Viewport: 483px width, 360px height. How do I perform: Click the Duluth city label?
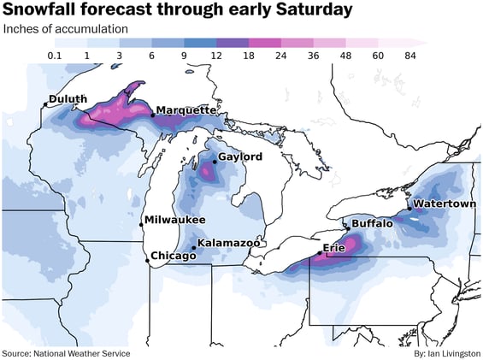click(68, 99)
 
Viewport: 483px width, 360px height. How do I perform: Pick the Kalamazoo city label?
click(228, 244)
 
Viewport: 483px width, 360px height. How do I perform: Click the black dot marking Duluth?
click(45, 105)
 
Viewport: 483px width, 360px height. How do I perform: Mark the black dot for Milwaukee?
click(141, 224)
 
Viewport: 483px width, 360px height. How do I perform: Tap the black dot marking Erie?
click(321, 252)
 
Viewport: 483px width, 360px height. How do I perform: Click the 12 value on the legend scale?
click(216, 56)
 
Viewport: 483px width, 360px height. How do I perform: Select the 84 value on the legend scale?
click(409, 56)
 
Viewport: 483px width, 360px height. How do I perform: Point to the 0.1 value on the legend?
click(55, 56)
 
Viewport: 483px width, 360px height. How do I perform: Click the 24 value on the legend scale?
click(282, 56)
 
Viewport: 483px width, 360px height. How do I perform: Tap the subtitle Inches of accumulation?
click(65, 28)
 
